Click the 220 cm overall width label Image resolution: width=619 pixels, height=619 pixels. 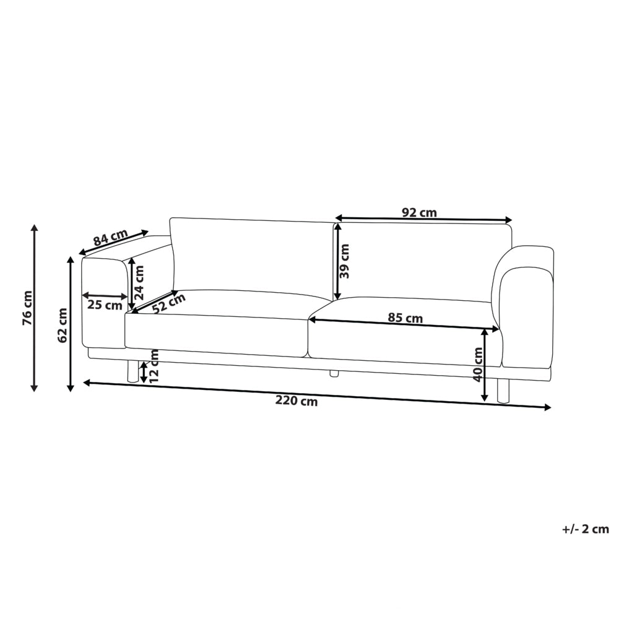pos(297,401)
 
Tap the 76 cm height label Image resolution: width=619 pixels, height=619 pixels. pos(28,308)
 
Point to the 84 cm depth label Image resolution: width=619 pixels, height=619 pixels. pos(111,237)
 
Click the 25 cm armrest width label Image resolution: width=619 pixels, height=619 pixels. pos(105,305)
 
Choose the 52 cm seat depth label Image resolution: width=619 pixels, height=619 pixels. pos(168,303)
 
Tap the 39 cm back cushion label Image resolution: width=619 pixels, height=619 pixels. pos(344,261)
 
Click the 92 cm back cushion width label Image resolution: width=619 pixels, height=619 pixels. pos(419,213)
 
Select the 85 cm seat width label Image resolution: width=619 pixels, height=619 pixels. pos(405,318)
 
